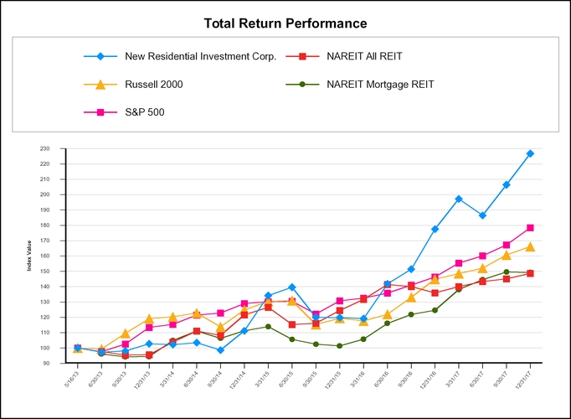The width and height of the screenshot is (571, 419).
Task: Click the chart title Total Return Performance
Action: (285, 23)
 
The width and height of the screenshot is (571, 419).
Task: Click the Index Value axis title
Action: (28, 256)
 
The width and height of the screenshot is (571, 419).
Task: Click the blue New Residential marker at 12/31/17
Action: (530, 153)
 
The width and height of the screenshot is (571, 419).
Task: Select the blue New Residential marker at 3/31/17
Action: (459, 199)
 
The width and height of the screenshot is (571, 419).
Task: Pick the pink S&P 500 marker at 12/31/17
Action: (530, 228)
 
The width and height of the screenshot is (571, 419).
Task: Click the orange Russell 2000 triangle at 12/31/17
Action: (530, 246)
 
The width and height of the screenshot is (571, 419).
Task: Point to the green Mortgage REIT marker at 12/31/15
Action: (340, 346)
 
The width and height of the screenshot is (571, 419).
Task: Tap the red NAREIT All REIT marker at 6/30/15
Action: (292, 324)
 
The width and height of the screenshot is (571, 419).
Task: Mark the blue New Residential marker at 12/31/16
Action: (435, 229)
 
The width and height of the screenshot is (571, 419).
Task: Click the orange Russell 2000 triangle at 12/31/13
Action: (149, 318)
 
